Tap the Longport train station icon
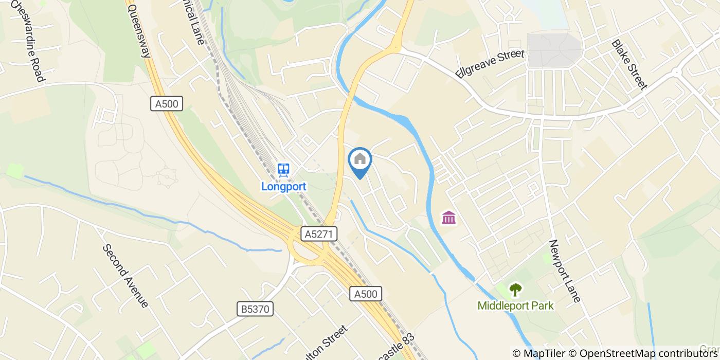283,169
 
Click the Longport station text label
283,186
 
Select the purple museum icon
449,218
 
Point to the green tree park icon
515,290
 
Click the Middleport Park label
515,306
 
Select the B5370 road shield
256,309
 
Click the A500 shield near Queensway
167,104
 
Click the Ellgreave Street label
489,64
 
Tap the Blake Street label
628,65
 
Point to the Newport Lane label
564,271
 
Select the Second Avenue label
125,276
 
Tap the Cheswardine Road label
27,40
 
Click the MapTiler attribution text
545,353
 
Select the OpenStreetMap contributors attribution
649,353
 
